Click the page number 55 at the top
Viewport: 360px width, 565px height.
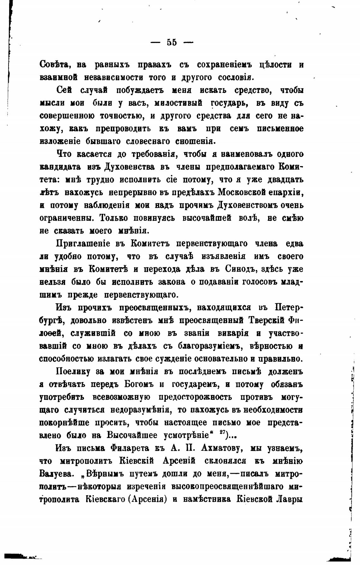[x=172, y=43]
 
